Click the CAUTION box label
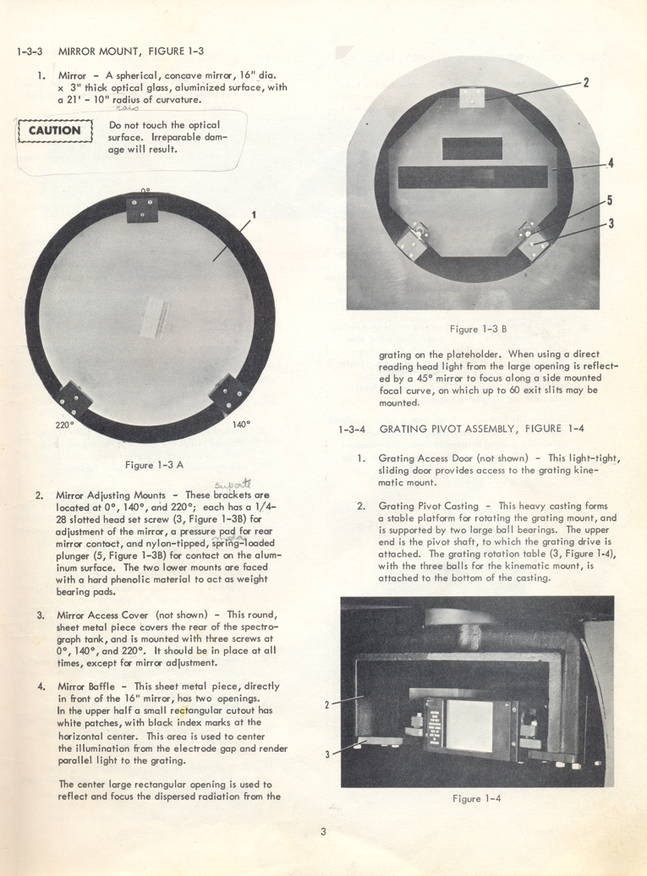coord(54,131)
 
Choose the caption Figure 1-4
coord(477,798)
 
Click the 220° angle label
coord(66,425)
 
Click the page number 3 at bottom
coord(323,832)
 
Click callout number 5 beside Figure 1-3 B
coord(610,201)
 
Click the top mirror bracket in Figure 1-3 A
coord(144,209)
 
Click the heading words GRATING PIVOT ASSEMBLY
coord(448,429)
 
